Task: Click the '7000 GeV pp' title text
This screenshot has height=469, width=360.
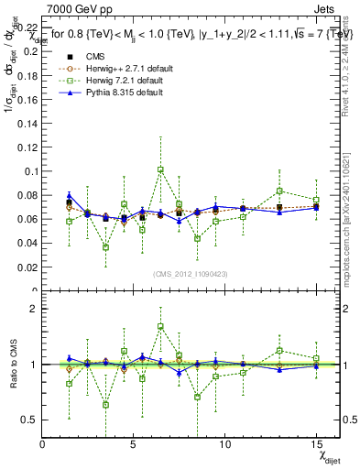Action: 74,9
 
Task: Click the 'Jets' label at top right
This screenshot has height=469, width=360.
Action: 325,9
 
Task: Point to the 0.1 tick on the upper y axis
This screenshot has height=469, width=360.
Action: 32,171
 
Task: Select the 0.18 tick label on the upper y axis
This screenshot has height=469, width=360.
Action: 27,75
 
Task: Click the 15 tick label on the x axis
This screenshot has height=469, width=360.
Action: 315,444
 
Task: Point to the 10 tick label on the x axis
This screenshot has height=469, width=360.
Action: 224,444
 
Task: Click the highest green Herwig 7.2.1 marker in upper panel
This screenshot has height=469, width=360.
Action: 160,169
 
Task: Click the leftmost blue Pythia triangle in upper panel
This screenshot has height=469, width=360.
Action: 70,195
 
